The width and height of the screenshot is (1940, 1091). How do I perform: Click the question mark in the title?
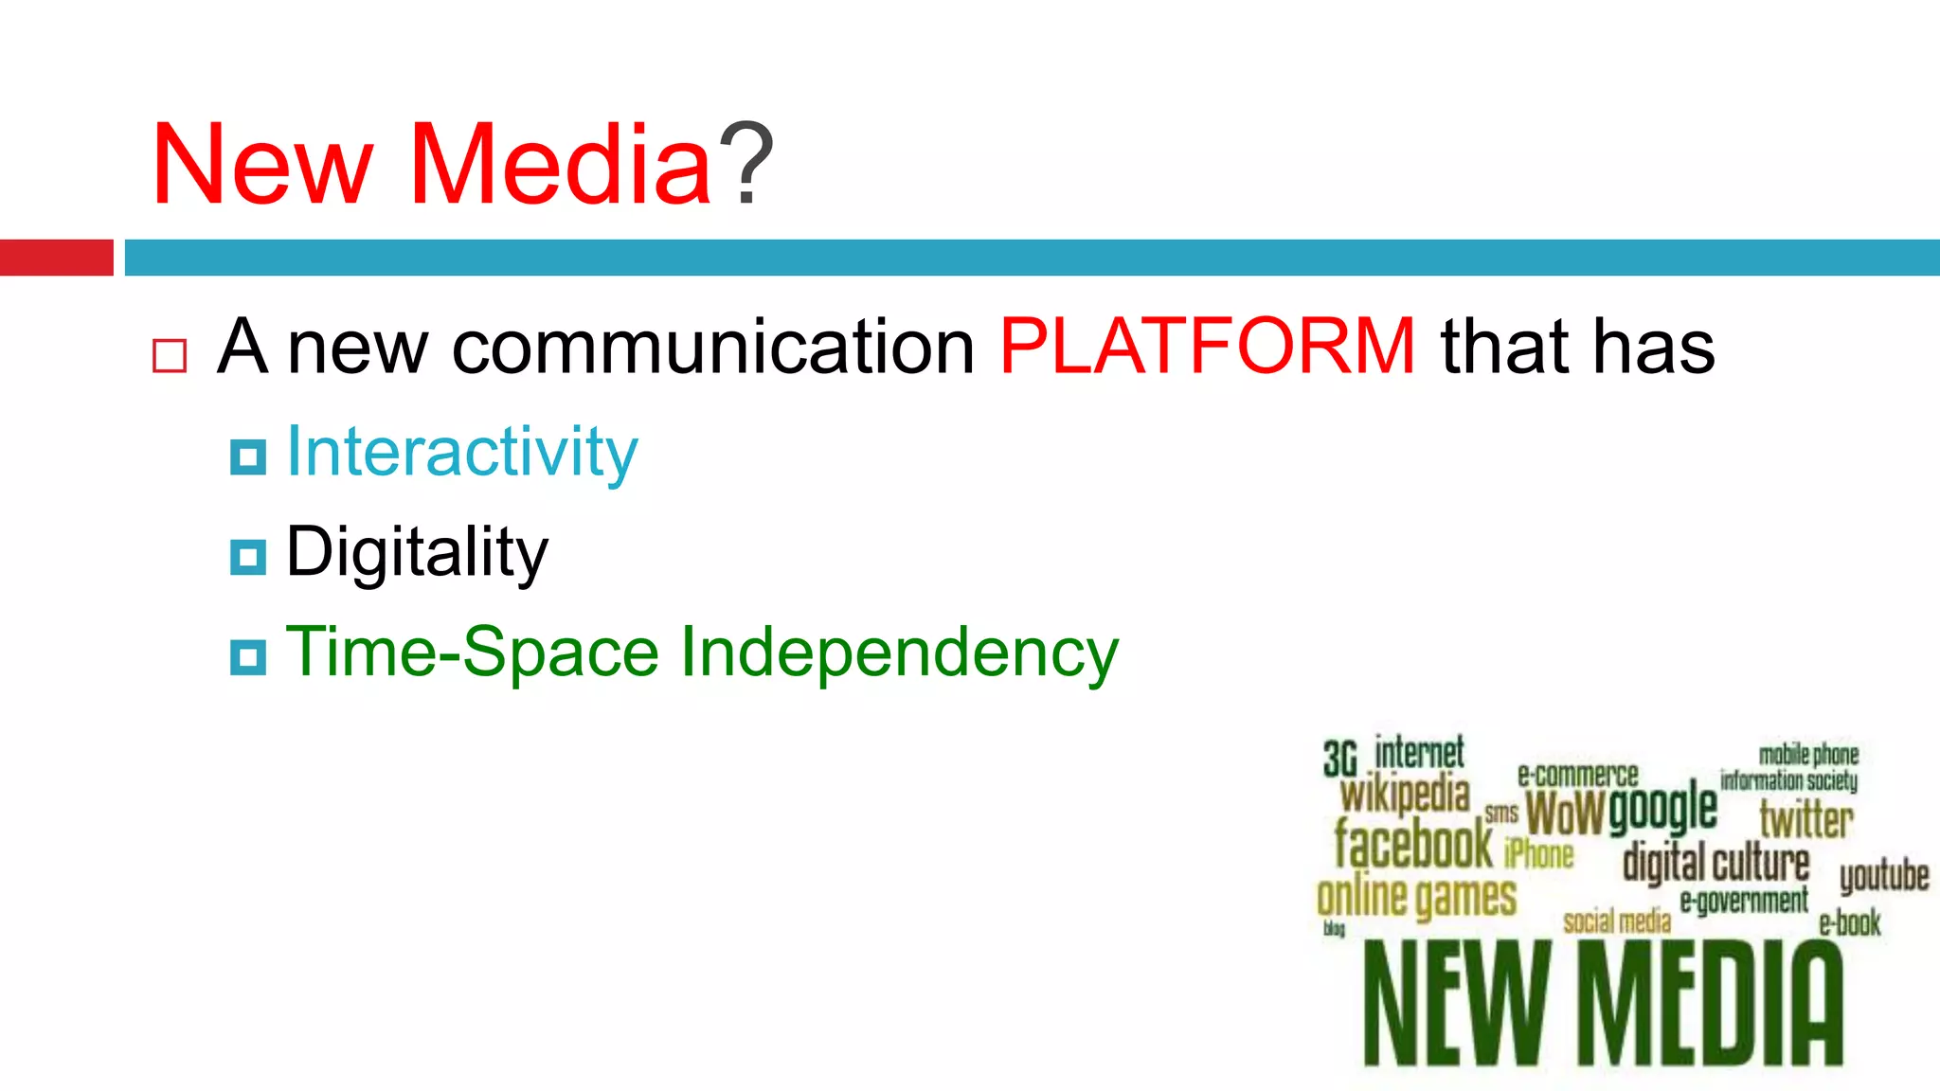746,165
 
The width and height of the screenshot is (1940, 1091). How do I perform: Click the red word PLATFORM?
1208,347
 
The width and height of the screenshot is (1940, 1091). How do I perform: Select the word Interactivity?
462,452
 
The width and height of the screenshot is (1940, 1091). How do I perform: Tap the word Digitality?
417,552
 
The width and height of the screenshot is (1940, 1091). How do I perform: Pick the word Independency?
900,653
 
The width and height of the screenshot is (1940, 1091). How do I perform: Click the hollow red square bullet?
170,356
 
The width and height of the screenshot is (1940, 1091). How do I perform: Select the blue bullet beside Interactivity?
248,457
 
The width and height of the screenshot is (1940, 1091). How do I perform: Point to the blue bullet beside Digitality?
248,557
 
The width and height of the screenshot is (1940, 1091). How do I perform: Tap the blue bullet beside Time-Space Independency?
248,657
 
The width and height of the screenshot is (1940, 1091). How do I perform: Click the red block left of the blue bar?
56,258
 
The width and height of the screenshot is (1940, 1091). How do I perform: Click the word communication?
713,347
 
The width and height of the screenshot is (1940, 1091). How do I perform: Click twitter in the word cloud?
1805,819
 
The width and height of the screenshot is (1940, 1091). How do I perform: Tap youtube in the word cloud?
1883,876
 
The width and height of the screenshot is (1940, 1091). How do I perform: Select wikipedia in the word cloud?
1405,795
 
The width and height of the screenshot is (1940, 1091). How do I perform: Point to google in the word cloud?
1662,810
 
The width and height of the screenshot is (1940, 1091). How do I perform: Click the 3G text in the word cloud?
1340,759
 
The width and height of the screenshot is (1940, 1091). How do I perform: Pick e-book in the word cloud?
1849,922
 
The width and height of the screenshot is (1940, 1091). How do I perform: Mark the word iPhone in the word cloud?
1538,854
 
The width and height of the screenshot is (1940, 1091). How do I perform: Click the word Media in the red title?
561,165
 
